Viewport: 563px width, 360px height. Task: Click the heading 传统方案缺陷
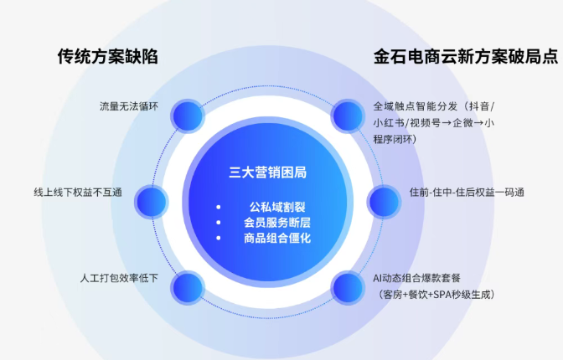pos(108,56)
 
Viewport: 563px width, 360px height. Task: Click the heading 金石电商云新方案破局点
pos(466,56)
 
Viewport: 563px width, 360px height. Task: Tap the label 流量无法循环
pos(129,106)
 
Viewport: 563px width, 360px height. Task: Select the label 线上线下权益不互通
pos(78,193)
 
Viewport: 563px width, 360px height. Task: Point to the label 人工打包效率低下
pos(119,278)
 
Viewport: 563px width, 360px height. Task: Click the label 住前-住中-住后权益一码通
pos(467,193)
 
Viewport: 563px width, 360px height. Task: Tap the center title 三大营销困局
pos(268,172)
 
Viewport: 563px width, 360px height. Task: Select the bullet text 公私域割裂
pos(277,207)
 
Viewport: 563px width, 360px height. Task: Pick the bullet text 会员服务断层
pos(277,223)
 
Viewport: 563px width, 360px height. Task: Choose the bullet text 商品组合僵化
pos(277,238)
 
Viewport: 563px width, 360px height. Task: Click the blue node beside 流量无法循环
pos(188,116)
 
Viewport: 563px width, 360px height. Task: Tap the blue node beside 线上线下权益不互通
pos(152,202)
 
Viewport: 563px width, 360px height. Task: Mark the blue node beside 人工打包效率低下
pos(188,287)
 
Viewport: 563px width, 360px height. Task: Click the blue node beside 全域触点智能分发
pos(348,116)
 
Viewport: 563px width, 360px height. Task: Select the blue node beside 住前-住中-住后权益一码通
pos(384,202)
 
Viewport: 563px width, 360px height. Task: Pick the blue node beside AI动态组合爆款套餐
pos(348,287)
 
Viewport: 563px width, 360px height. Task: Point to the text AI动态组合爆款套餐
pos(417,278)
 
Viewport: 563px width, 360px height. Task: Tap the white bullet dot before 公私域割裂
pos(219,207)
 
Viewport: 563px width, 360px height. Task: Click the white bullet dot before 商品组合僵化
pos(219,238)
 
